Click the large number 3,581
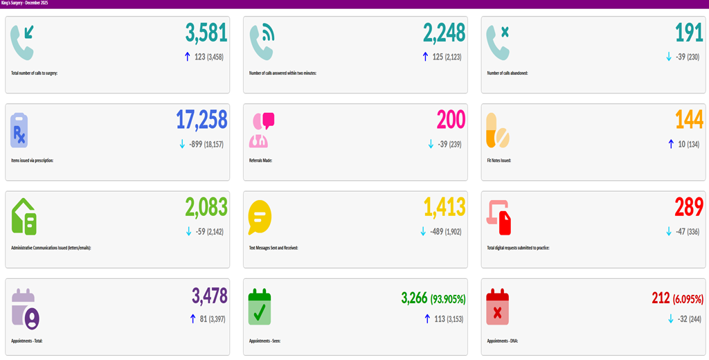(x=206, y=33)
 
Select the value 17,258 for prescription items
(x=201, y=120)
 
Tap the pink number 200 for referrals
(x=451, y=120)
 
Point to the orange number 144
(x=690, y=120)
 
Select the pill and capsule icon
(x=497, y=130)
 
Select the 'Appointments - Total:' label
(x=27, y=341)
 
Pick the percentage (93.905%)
(x=447, y=299)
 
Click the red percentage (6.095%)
(x=688, y=299)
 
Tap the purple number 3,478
(x=210, y=296)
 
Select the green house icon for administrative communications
(x=24, y=217)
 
